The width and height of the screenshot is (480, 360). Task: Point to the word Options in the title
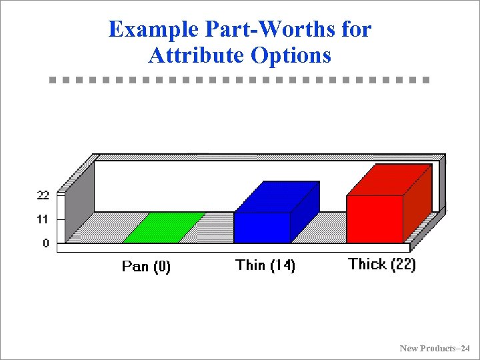(291, 55)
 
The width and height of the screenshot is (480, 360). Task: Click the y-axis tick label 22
(42, 195)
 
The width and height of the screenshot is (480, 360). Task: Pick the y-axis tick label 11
(42, 219)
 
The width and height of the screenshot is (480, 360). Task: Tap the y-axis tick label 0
(46, 243)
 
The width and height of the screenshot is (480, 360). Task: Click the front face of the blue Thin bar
(262, 227)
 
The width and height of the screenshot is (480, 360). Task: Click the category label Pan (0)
(146, 267)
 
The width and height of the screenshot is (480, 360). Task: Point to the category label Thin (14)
(265, 265)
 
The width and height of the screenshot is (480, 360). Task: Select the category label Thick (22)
(382, 264)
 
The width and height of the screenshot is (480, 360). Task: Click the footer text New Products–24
(435, 349)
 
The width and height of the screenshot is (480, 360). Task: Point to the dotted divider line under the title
(240, 80)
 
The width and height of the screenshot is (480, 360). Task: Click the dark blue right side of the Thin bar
(305, 211)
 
